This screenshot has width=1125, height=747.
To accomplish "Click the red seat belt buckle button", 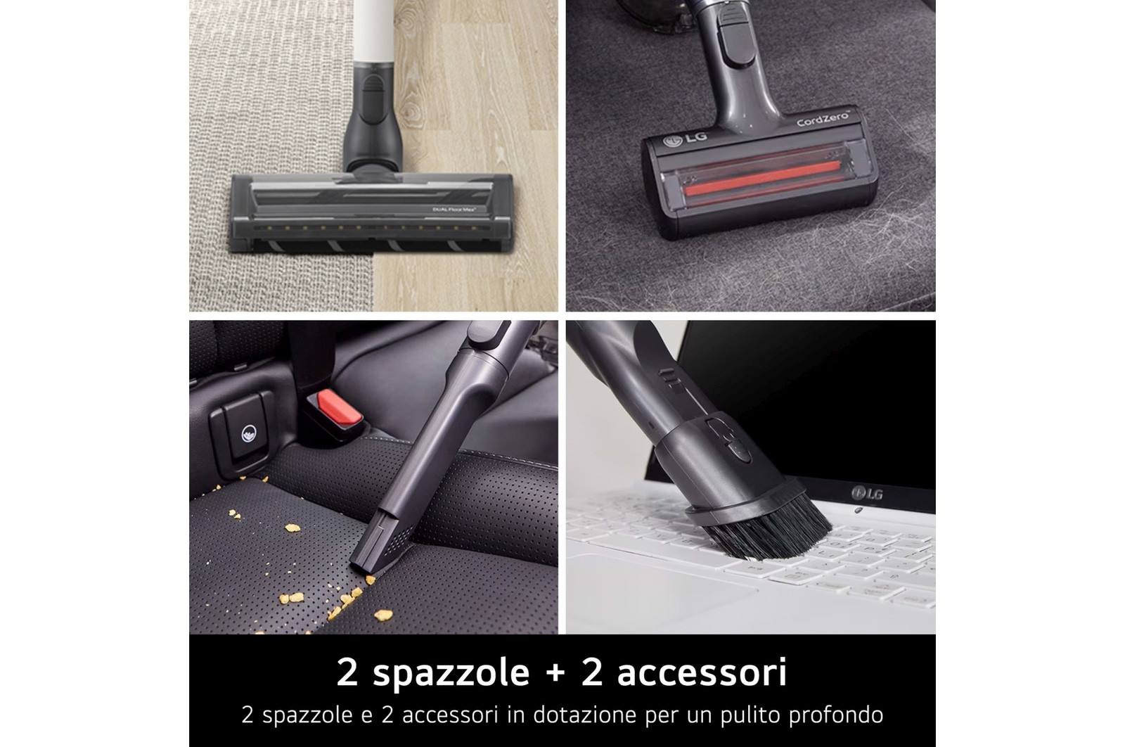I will pyautogui.click(x=338, y=410).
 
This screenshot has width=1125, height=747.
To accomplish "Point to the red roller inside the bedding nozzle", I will pyautogui.click(x=761, y=179).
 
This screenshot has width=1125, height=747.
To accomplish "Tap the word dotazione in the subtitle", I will pyautogui.click(x=579, y=715).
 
